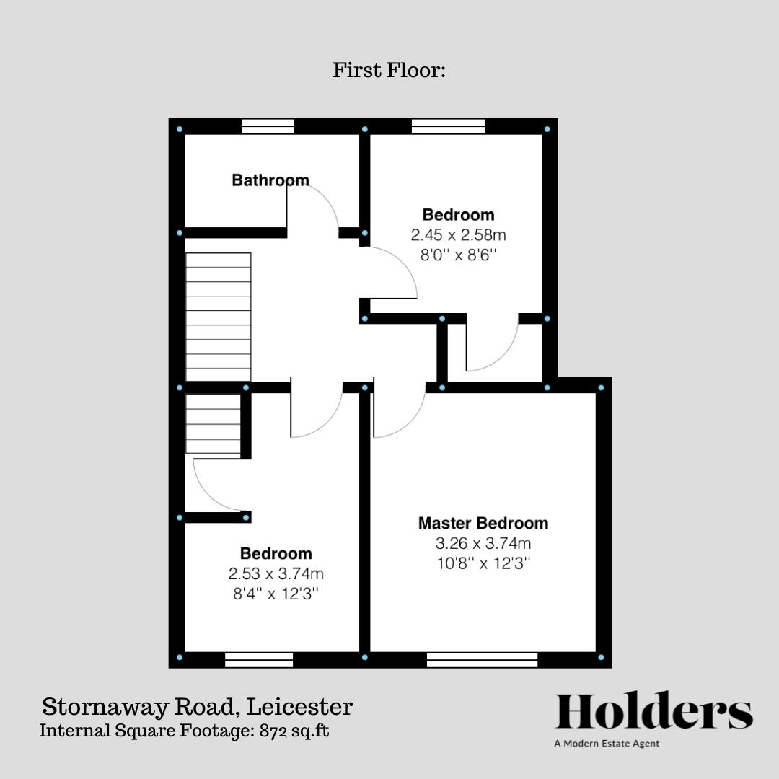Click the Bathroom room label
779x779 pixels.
coord(270,180)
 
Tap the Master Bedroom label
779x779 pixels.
coord(483,523)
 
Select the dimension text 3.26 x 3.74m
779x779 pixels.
coord(483,543)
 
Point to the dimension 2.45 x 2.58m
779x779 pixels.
coord(458,234)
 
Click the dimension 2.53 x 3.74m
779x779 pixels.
coord(276,573)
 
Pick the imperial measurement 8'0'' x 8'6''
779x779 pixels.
coord(458,255)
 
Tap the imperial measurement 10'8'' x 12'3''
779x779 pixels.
coord(483,563)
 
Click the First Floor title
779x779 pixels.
coord(389,69)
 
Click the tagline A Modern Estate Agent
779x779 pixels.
coord(607,744)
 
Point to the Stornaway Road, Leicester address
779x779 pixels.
coord(197,706)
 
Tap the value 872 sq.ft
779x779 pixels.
coord(294,731)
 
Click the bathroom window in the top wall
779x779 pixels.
coord(268,126)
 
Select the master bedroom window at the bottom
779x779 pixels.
coord(482,660)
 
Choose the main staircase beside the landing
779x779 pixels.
coord(218,317)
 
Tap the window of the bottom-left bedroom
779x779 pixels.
coord(259,660)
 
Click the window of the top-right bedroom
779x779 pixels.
coord(448,126)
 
